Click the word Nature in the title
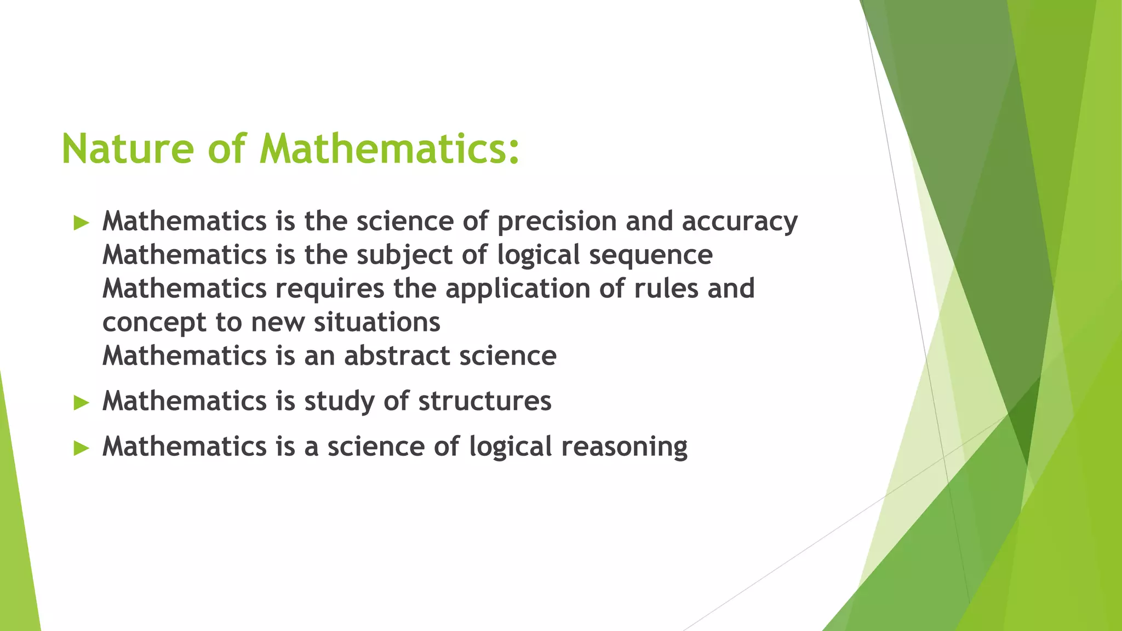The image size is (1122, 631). click(x=128, y=149)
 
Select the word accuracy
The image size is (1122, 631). click(x=740, y=222)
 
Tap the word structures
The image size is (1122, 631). click(x=484, y=401)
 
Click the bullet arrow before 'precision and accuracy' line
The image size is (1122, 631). click(x=81, y=223)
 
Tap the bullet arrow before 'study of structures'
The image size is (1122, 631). click(x=81, y=403)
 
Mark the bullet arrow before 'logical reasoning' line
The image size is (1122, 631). click(x=81, y=449)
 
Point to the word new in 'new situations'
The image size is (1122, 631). click(x=277, y=323)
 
